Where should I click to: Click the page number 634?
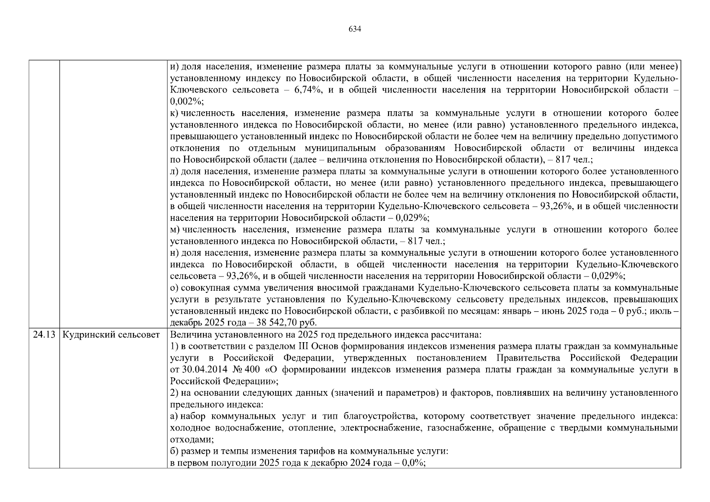click(354, 29)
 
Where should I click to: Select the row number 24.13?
click(44, 335)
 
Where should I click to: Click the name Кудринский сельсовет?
click(111, 335)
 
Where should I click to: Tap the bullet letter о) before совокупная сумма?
click(174, 288)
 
